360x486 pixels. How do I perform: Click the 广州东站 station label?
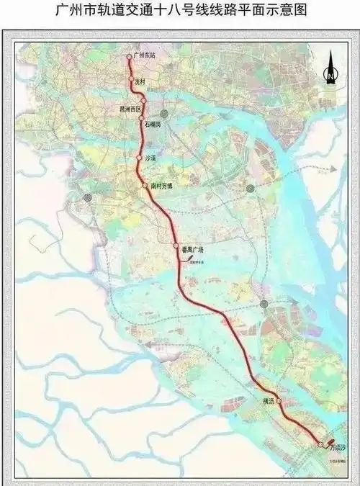pyautogui.click(x=145, y=55)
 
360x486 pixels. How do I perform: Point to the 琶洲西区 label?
pyautogui.click(x=130, y=109)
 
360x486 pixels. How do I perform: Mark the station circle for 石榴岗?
pyautogui.click(x=142, y=118)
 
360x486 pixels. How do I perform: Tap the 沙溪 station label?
pyautogui.click(x=150, y=157)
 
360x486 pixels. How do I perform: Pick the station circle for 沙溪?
pyautogui.click(x=138, y=157)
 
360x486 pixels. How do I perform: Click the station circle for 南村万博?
pyautogui.click(x=145, y=186)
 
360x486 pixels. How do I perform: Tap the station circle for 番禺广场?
pyautogui.click(x=176, y=246)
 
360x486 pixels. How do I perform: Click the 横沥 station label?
pyautogui.click(x=265, y=401)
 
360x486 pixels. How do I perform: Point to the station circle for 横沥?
pyautogui.click(x=279, y=401)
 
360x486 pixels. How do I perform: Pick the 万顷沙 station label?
pyautogui.click(x=338, y=448)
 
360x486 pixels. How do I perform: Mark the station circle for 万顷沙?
pyautogui.click(x=320, y=445)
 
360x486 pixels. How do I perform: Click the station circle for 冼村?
pyautogui.click(x=131, y=78)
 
